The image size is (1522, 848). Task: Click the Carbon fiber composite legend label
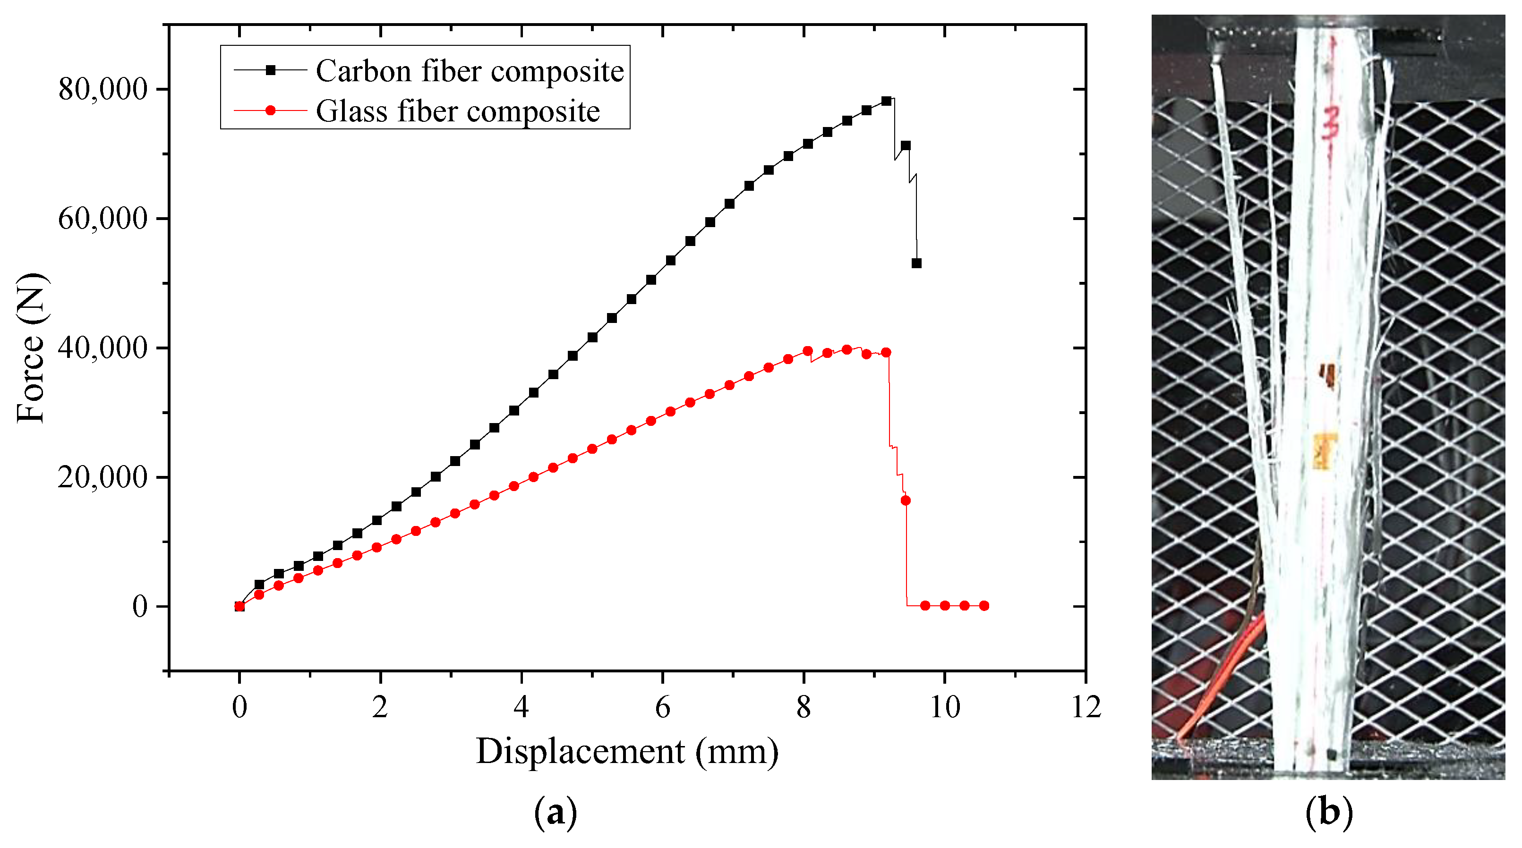(x=470, y=71)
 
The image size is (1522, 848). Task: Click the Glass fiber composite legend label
(x=458, y=111)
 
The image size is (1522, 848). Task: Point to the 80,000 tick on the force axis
(x=102, y=89)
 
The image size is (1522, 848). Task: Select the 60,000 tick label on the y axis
(x=102, y=219)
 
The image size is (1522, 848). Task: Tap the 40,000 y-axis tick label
(x=102, y=348)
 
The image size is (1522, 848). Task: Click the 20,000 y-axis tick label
(x=102, y=477)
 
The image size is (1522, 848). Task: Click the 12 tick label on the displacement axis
(x=1086, y=707)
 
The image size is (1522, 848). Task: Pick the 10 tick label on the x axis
(x=945, y=707)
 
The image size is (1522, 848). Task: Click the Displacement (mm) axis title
(x=627, y=752)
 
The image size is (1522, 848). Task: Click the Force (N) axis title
(x=31, y=348)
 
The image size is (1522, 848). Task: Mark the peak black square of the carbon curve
(x=886, y=101)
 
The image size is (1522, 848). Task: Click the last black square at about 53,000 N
(x=916, y=263)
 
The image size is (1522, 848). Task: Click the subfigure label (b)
(x=1328, y=813)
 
